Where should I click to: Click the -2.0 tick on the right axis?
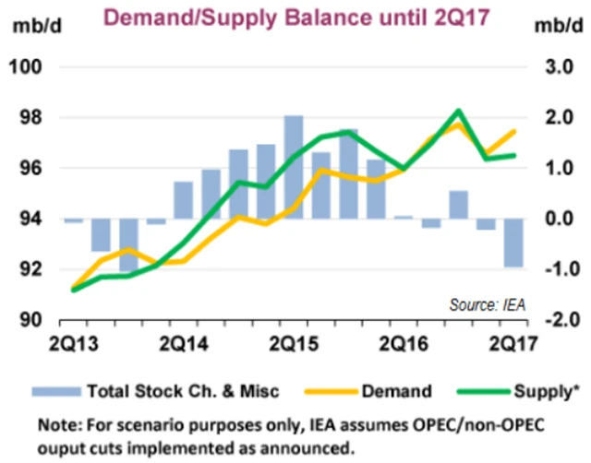(552, 319)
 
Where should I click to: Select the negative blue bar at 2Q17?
(513, 243)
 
